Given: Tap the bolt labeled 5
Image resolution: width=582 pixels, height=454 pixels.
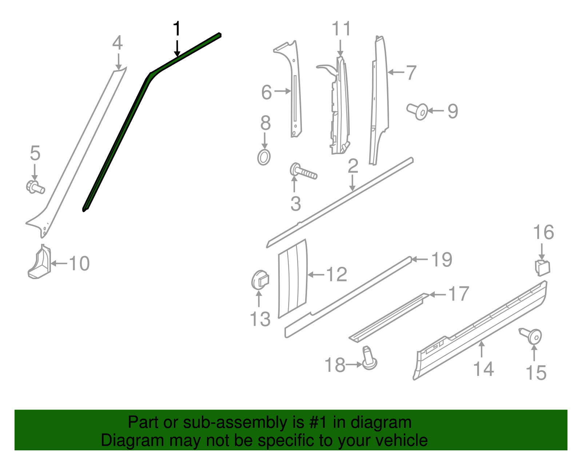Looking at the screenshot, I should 35,187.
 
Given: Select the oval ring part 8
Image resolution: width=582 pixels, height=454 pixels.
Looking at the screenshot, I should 264,157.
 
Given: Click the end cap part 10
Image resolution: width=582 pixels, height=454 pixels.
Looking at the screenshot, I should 39,262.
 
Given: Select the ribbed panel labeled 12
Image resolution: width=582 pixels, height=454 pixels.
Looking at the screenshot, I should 292,278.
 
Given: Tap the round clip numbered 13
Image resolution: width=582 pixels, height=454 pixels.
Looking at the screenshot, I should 260,280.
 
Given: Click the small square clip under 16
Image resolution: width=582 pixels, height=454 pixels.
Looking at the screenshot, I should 542,268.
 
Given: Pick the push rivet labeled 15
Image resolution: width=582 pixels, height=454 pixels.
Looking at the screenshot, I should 531,336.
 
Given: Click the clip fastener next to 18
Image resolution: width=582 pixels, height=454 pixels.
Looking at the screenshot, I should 369,359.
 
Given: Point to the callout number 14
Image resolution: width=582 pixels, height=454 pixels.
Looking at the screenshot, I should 483,369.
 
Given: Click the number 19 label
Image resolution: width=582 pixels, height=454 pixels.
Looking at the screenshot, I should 442,260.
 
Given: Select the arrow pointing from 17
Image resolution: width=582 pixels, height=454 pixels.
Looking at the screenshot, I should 438,294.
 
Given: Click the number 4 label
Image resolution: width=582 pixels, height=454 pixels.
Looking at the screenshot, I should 117,43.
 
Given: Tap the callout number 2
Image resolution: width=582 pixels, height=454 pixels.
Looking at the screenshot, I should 353,166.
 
